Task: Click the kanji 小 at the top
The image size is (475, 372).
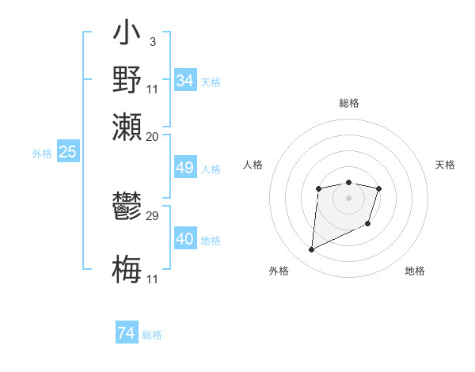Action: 127,33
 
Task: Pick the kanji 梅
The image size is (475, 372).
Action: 127,268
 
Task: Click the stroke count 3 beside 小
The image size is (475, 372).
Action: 152,41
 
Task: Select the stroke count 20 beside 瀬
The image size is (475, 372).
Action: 152,136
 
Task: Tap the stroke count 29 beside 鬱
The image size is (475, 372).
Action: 153,215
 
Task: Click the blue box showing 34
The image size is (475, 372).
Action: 184,81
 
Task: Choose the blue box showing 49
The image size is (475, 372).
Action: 184,168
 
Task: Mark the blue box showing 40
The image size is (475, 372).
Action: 184,239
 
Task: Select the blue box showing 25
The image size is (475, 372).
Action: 67,153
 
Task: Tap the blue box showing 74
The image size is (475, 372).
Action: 126,333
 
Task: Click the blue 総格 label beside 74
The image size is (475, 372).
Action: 152,335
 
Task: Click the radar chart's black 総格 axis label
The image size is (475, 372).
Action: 348,103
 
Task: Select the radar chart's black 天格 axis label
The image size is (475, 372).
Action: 445,165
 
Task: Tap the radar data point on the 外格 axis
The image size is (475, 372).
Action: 311,250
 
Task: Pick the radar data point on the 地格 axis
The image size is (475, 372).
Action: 368,225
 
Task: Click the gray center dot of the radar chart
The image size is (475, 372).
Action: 348,196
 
